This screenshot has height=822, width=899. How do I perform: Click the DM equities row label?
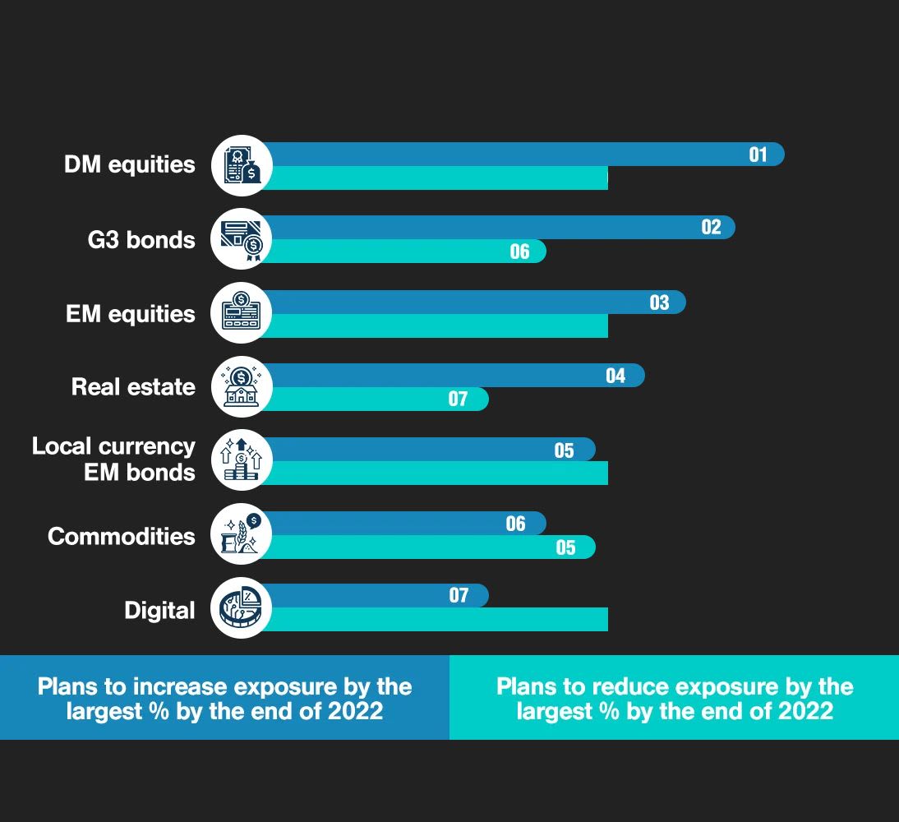click(x=130, y=164)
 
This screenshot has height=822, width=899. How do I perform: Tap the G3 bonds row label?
click(x=142, y=240)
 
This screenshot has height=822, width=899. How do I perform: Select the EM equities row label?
click(x=131, y=314)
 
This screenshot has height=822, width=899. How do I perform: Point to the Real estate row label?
click(x=133, y=386)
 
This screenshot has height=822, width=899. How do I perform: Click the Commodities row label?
click(x=122, y=537)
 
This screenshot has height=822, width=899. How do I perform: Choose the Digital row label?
click(x=159, y=611)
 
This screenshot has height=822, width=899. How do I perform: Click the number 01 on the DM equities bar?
click(x=758, y=155)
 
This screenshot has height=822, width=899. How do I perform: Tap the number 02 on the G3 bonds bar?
click(x=711, y=228)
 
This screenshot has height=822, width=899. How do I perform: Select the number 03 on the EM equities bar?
click(x=660, y=302)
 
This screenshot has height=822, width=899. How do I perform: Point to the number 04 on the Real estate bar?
click(x=615, y=376)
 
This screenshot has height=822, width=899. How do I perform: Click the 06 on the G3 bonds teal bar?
click(x=519, y=252)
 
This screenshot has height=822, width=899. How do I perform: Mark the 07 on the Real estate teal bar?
click(x=458, y=399)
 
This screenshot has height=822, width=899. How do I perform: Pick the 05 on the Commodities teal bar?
click(x=565, y=547)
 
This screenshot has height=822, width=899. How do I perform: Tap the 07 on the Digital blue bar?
click(x=459, y=596)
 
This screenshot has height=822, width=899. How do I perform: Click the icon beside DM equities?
click(x=241, y=165)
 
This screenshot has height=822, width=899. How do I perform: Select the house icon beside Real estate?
click(x=241, y=386)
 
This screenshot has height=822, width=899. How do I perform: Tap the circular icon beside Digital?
click(x=241, y=609)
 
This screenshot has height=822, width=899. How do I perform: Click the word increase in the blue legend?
click(x=178, y=686)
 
